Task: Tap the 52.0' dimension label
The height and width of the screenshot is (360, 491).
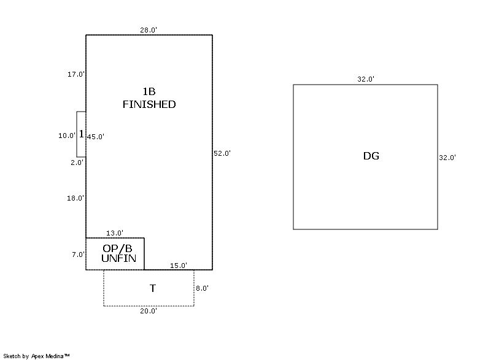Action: pos(222,153)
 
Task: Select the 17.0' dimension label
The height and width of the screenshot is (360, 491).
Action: pos(76,74)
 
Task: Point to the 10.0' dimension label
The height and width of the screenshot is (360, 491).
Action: pos(67,136)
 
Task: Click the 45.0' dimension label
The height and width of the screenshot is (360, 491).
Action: pos(95,137)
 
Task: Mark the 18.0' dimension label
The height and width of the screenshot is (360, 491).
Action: pos(76,198)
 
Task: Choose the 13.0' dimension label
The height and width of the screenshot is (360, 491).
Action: pos(115,233)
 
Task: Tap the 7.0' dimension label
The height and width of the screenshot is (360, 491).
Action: pos(77,255)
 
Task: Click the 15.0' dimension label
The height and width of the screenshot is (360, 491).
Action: pos(179,266)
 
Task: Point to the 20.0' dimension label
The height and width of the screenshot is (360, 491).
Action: pos(149,311)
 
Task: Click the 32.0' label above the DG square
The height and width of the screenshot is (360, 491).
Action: pos(366,79)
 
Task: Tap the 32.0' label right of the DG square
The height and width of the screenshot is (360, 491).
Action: pos(447,158)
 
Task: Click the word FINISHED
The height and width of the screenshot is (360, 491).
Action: pos(149,105)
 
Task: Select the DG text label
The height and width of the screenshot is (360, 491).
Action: pos(371,156)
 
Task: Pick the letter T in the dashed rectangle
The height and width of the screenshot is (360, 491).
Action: pos(152,288)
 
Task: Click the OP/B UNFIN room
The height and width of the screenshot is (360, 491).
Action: pos(115,253)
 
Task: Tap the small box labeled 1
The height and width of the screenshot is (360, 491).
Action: pos(81,134)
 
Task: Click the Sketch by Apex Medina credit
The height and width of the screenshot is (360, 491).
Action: pos(36,356)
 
